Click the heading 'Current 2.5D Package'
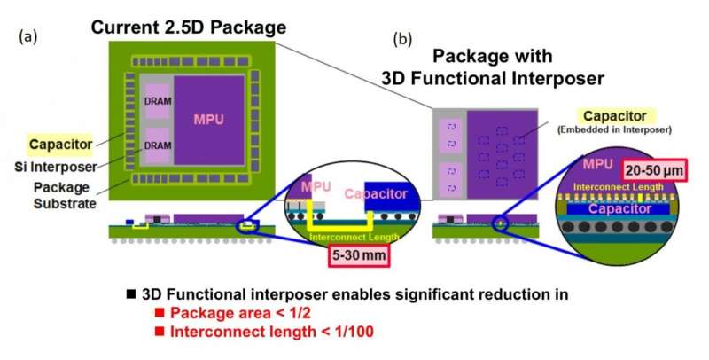pos(189,27)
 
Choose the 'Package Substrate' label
pos(66,195)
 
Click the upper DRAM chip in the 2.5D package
pos(157,103)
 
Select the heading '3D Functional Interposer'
pos(492,78)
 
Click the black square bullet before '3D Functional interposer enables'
pos(131,294)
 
